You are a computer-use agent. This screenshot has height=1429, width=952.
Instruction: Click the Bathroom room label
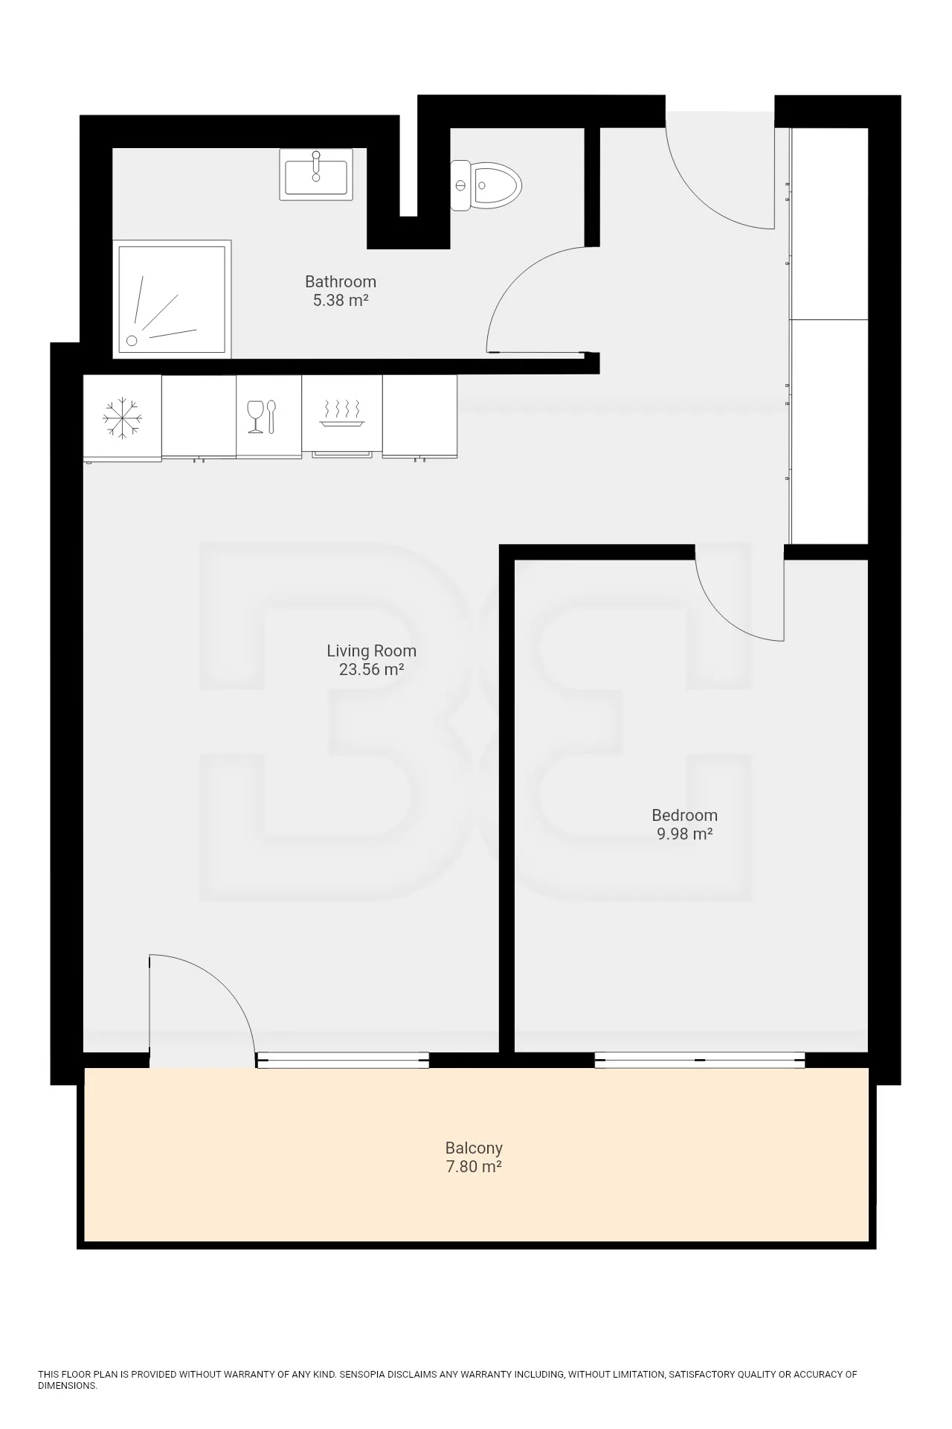pyautogui.click(x=341, y=281)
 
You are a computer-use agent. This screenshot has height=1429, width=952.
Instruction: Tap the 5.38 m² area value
pyautogui.click(x=341, y=301)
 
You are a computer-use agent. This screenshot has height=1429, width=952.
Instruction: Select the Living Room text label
pyautogui.click(x=371, y=650)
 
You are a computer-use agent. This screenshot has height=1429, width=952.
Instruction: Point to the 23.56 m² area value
pyautogui.click(x=371, y=669)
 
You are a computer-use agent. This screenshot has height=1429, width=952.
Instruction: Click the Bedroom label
pyautogui.click(x=684, y=815)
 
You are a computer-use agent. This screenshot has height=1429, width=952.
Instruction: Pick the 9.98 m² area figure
pyautogui.click(x=684, y=834)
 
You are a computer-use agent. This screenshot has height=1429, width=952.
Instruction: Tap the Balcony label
pyautogui.click(x=474, y=1148)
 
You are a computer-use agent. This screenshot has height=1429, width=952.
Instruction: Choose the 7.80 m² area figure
pyautogui.click(x=474, y=1166)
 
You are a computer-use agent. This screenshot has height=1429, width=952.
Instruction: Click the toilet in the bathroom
pyautogui.click(x=486, y=185)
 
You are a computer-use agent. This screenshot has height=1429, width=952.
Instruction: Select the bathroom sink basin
pyautogui.click(x=316, y=174)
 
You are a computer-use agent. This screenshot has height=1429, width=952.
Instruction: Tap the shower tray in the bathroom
pyautogui.click(x=172, y=299)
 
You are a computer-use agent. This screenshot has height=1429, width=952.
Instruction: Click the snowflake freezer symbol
pyautogui.click(x=122, y=417)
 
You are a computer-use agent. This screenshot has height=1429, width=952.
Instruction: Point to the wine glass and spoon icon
pyautogui.click(x=262, y=417)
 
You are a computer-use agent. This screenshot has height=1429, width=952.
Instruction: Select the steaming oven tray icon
pyautogui.click(x=342, y=413)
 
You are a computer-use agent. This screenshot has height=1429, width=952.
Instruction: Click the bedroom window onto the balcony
pyautogui.click(x=700, y=1060)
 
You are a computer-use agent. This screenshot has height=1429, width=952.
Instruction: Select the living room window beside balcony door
pyautogui.click(x=343, y=1060)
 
